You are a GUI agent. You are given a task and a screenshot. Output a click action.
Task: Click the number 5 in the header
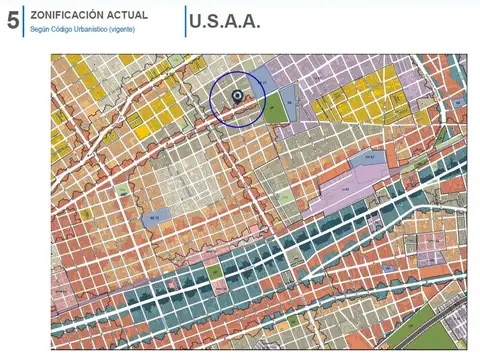coord(11,21)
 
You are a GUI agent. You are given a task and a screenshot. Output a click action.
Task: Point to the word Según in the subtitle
coord(41,29)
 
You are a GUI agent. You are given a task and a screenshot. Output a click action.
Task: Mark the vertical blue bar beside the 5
coord(23,21)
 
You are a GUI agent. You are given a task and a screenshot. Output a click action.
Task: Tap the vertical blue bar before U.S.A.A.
coord(186,21)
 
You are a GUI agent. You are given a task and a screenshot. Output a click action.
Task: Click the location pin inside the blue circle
coord(237,97)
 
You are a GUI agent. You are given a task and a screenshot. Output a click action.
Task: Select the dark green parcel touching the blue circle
coord(273,111)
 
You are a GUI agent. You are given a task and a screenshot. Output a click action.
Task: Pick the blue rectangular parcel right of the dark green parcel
coord(290,100)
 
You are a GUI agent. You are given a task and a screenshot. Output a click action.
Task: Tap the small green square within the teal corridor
coord(214,271)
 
